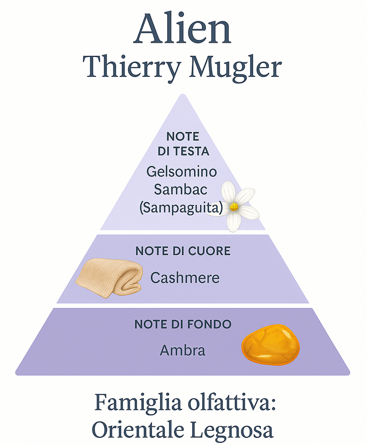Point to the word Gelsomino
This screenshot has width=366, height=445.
point(182,171)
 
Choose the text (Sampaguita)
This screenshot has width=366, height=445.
point(182,207)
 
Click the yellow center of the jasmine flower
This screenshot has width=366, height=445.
point(234,206)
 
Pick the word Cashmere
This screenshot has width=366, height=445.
point(185,278)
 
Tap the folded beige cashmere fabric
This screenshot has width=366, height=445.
point(109,280)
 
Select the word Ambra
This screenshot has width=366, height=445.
point(182,350)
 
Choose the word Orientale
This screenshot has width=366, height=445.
point(139,430)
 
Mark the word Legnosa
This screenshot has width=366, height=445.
point(233,431)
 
